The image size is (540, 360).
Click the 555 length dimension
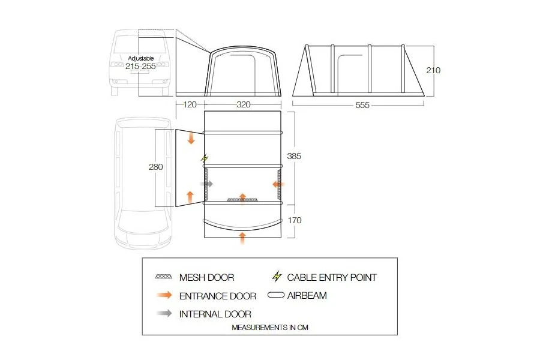click(x=362, y=105)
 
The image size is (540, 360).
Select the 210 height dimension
click(x=433, y=70)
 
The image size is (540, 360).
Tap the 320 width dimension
click(x=243, y=104)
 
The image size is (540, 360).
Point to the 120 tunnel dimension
click(x=190, y=104)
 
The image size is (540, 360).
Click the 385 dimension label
click(x=293, y=156)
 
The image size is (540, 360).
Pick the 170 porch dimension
click(x=293, y=220)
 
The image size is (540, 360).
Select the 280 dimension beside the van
click(x=156, y=167)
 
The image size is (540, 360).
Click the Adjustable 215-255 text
click(x=141, y=63)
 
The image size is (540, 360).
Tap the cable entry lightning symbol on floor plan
click(x=205, y=159)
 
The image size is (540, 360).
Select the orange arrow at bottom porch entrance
click(x=242, y=236)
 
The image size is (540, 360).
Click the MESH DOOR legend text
click(x=206, y=277)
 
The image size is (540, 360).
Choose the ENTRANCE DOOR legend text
click(x=217, y=296)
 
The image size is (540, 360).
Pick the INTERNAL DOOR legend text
click(x=215, y=314)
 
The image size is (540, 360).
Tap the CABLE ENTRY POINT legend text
click(x=332, y=277)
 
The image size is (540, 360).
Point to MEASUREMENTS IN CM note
click(x=270, y=328)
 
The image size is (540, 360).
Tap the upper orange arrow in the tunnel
click(x=191, y=138)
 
